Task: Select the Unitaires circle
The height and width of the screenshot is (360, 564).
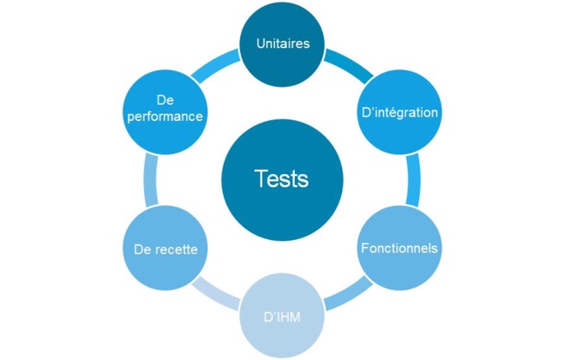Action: point(282,43)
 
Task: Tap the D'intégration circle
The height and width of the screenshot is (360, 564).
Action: point(399,111)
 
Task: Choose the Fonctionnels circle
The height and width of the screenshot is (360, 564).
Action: point(399,249)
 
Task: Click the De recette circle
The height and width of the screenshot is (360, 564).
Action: point(165,249)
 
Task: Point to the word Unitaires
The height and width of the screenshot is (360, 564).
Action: point(282,43)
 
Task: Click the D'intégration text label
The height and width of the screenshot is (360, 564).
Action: point(399,112)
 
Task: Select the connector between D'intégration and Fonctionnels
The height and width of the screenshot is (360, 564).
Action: point(413,180)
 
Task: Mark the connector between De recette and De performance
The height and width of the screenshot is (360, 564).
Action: point(151,180)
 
